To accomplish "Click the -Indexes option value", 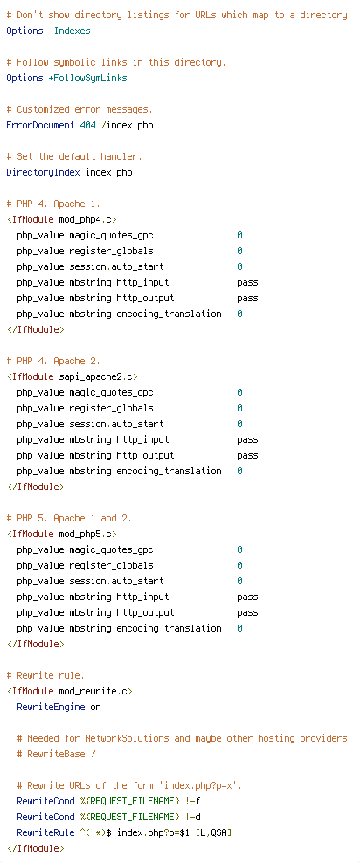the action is [x=69, y=31].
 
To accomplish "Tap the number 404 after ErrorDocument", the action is [x=87, y=125].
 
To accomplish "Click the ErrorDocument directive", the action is [x=40, y=125].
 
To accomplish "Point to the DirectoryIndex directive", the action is [x=43, y=173].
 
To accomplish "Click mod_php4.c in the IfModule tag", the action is [x=86, y=219].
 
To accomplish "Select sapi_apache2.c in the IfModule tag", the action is [x=96, y=377].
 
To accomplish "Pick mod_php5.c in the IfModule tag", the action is [x=86, y=534].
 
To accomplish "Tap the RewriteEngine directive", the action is [x=51, y=707].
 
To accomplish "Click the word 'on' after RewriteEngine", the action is [x=96, y=708].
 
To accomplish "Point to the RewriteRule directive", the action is [x=45, y=832].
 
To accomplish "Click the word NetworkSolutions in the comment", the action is [x=128, y=739].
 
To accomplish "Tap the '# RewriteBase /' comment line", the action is [x=56, y=754].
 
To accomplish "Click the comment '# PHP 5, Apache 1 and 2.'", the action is [x=69, y=519].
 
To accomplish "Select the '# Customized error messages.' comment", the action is [x=80, y=109].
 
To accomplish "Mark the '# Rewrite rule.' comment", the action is [x=45, y=675].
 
